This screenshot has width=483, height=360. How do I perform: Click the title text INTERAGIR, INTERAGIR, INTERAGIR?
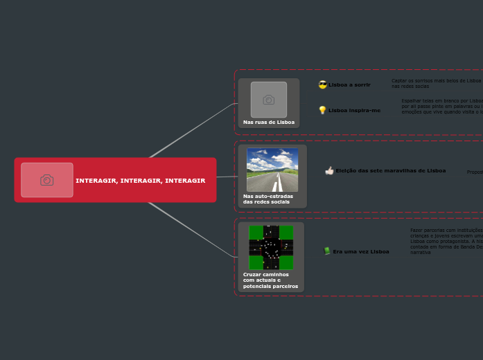pos(140,181)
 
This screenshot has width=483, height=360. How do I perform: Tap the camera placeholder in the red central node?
pos(47,180)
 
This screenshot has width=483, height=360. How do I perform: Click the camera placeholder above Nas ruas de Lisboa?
pos(269,100)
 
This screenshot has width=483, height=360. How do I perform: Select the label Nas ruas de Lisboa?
pos(269,123)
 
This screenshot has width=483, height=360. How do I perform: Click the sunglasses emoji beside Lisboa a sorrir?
pos(323,84)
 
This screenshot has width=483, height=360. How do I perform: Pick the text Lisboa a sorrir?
pos(350,85)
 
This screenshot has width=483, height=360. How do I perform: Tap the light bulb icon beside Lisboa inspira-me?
pos(322,110)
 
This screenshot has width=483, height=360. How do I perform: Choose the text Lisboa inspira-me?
pos(354,111)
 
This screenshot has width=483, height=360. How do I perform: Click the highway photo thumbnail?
pos(272,170)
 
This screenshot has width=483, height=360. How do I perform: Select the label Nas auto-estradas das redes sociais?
pos(268,199)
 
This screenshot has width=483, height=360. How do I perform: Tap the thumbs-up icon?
pos(329,171)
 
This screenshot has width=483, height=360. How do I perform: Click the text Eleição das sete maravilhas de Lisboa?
pos(391,171)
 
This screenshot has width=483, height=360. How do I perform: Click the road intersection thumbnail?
pos(271,247)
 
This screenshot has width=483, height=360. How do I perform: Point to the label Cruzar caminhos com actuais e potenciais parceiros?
pos(270,280)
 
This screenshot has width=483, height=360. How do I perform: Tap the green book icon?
pos(327,251)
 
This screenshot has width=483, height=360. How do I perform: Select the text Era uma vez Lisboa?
pos(361,252)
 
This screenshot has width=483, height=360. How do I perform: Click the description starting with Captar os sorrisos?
pos(436,84)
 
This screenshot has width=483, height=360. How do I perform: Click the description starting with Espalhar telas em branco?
pos(441,106)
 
